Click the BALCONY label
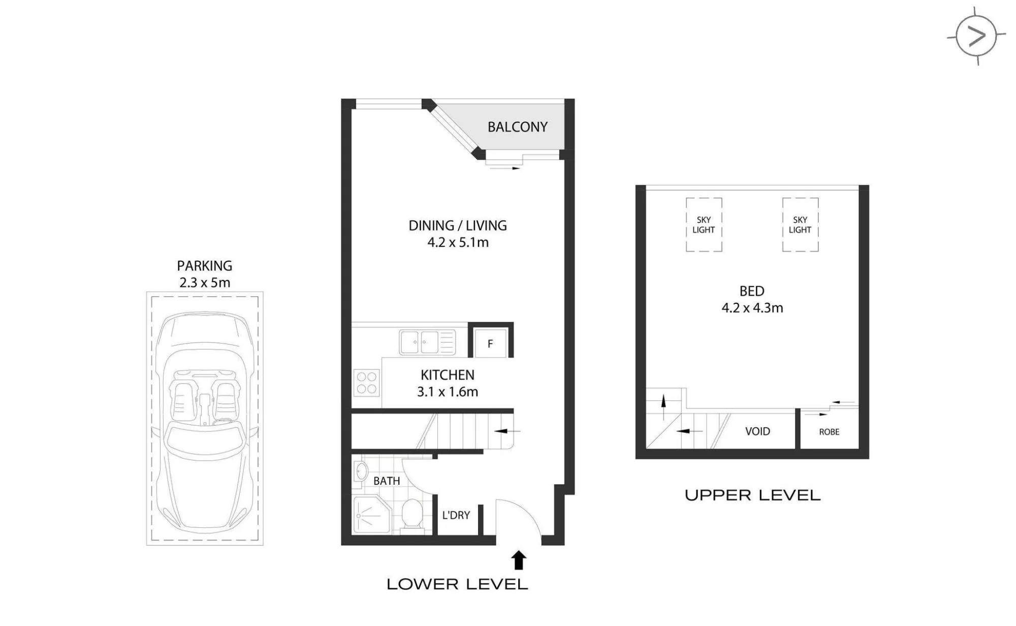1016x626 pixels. [x=517, y=127]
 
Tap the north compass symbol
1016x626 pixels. [x=976, y=36]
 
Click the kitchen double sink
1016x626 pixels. [x=427, y=342]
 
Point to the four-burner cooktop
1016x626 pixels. [x=366, y=383]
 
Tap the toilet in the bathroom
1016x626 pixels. [x=412, y=515]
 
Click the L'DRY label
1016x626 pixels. [x=456, y=515]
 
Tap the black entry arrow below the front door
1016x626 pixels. [x=518, y=560]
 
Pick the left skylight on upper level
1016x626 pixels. [x=704, y=225]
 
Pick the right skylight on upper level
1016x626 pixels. [x=800, y=225]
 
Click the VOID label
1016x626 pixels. [x=757, y=431]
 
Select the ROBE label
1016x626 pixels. [x=829, y=432]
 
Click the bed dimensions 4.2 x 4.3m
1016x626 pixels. [x=752, y=308]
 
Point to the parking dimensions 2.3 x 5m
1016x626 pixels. [x=205, y=283]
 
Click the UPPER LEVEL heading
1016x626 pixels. [x=752, y=495]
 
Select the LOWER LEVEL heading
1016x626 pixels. [x=457, y=584]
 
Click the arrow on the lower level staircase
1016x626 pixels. [x=507, y=431]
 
